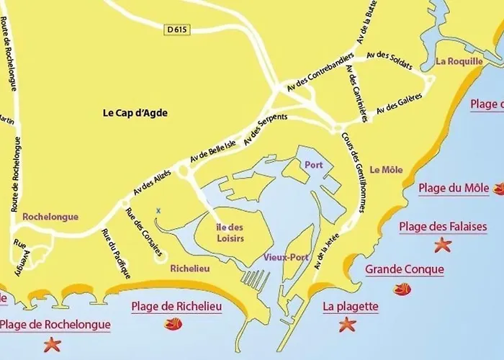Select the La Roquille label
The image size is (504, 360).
(458, 61)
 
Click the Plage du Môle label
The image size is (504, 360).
(454, 189)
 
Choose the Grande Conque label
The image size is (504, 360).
(405, 270)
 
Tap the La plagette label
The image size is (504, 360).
(350, 307)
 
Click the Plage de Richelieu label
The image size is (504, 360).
(176, 307)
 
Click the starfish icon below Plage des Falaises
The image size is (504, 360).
(441, 246)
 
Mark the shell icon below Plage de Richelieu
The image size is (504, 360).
(174, 325)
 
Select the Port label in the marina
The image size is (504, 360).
(313, 163)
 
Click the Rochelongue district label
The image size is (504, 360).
(50, 216)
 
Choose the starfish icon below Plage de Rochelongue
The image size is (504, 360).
(53, 345)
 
